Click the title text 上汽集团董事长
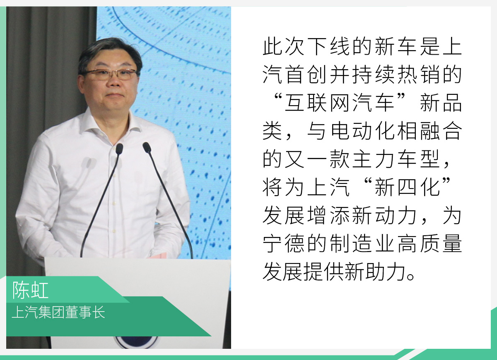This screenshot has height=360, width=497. (x=58, y=312)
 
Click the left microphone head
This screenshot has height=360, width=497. (x=119, y=149)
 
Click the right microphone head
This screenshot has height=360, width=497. (x=147, y=147)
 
